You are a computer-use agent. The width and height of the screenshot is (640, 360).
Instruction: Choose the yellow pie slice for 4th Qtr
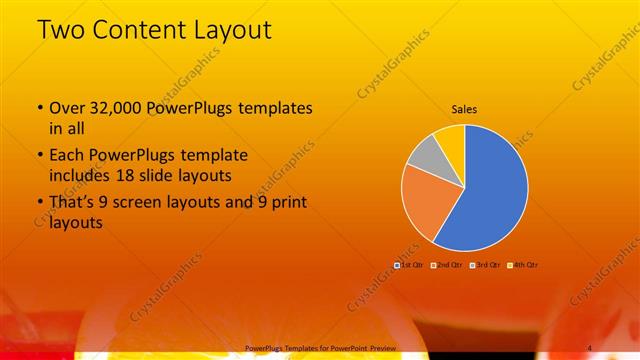click(451, 137)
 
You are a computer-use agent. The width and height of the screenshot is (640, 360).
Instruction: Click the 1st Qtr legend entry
click(409, 264)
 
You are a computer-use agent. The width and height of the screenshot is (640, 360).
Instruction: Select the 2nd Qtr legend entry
click(445, 264)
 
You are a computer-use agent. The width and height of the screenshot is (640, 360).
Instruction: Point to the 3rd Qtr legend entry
click(484, 264)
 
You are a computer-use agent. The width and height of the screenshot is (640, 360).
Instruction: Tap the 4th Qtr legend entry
click(522, 264)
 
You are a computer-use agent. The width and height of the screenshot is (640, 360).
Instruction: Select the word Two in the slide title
click(60, 30)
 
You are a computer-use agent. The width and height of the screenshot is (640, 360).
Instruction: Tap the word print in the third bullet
click(285, 204)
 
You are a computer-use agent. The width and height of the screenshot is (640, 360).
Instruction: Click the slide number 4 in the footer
click(590, 347)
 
